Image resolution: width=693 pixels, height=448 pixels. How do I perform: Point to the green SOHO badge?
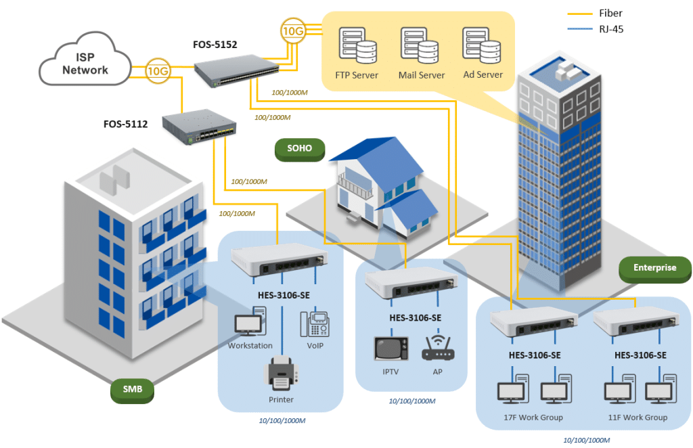click(x=300, y=149)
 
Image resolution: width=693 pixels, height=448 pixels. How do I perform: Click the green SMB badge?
click(x=133, y=390)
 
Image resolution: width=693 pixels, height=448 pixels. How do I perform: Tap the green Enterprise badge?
click(x=654, y=268)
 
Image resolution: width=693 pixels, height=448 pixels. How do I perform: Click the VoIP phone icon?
click(x=315, y=324)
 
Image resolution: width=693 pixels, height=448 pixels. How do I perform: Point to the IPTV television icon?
click(x=391, y=348)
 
